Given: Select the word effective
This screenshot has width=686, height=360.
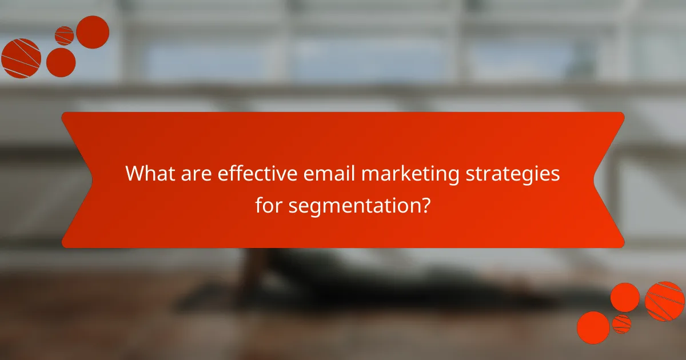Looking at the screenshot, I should click(258, 173).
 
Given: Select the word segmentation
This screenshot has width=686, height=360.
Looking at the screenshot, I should click(353, 205).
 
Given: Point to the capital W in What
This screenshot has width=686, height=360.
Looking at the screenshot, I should click(133, 173).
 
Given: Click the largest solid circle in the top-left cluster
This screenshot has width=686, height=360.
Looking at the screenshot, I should click(93, 32).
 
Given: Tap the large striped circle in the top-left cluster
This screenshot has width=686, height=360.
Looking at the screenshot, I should click(21, 58).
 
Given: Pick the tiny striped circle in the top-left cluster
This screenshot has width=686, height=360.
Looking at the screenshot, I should click(64, 35).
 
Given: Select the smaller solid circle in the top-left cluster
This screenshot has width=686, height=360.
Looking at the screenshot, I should click(61, 62).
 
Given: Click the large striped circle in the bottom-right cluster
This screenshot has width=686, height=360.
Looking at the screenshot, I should click(665, 301).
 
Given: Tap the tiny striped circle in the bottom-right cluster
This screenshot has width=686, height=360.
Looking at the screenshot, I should click(621, 324).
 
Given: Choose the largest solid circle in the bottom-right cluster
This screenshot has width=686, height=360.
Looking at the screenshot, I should click(593, 327).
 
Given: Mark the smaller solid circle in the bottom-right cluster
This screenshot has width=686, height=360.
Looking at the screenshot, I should click(625, 297).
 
